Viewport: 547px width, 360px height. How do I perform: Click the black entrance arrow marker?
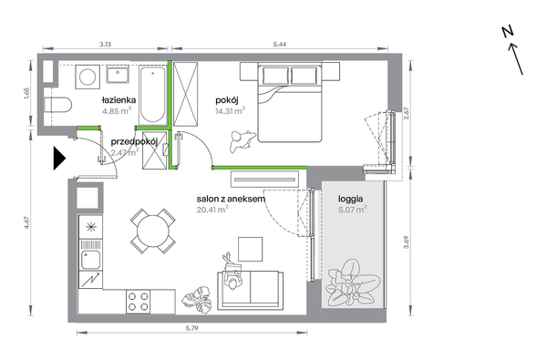coord(58,159)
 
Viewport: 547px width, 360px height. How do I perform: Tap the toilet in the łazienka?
coord(58,105)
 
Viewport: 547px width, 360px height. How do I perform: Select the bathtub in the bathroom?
coord(152,95)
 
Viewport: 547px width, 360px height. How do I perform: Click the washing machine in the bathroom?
coord(88,77)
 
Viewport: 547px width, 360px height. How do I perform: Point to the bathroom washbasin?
coord(118,75)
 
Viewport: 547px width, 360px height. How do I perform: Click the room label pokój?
coord(227,100)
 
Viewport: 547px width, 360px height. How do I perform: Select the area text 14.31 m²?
coord(231,111)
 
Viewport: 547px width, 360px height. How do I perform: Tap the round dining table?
coord(153,231)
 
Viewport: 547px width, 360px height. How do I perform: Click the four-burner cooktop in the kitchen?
coord(139,302)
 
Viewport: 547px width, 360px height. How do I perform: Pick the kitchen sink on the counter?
coord(90,260)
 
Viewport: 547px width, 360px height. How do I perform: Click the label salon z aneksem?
coord(231,200)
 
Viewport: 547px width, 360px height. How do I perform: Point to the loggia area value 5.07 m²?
coord(352,210)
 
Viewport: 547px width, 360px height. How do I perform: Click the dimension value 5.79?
coord(191,328)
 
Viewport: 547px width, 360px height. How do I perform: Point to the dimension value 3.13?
coord(106,44)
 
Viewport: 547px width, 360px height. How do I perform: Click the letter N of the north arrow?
coord(508,32)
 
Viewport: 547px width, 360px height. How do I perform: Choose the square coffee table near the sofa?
coord(250,249)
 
